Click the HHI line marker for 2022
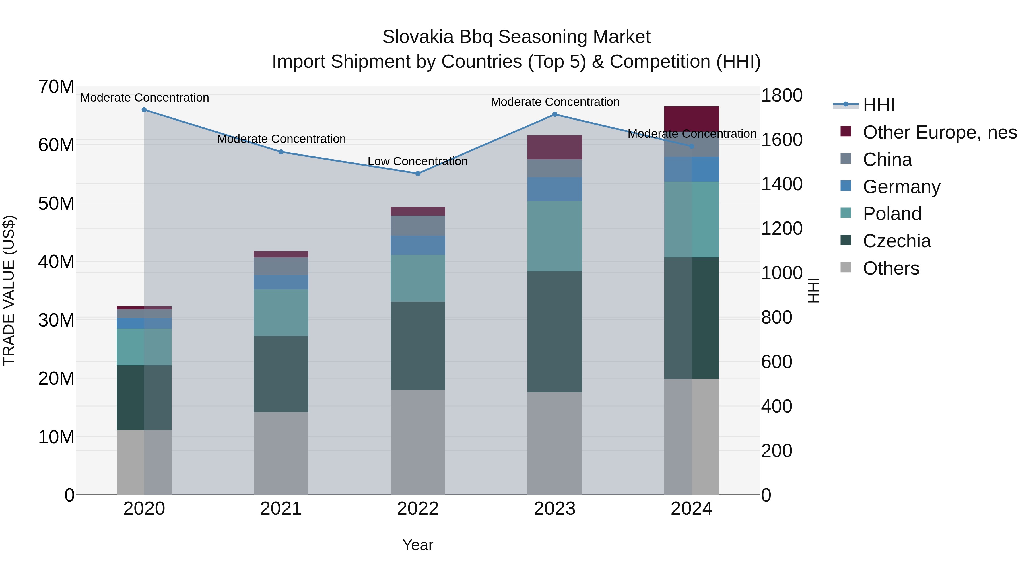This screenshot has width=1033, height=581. (x=418, y=174)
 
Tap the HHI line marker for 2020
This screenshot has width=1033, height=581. (x=144, y=110)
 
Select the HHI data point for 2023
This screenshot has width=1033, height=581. (x=555, y=114)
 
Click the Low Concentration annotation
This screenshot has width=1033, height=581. (x=418, y=161)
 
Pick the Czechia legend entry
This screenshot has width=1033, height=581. (x=897, y=241)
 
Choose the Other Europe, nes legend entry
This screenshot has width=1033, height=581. (x=939, y=132)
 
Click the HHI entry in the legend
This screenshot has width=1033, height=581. (x=879, y=105)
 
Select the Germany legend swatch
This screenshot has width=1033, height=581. (x=845, y=186)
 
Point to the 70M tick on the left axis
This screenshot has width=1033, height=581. (x=56, y=87)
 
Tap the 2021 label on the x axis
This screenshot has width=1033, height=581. (x=281, y=509)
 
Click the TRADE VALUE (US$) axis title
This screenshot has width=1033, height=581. (x=9, y=290)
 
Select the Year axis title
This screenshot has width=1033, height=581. (x=418, y=545)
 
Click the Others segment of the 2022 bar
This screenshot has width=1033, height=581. (x=418, y=442)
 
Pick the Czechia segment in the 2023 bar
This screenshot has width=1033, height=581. (x=555, y=332)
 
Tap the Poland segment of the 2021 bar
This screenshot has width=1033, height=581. (x=281, y=313)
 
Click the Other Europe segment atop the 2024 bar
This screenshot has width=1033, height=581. (x=691, y=119)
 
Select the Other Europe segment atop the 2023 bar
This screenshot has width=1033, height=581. (x=555, y=147)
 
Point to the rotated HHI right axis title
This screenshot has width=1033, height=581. (x=813, y=290)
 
